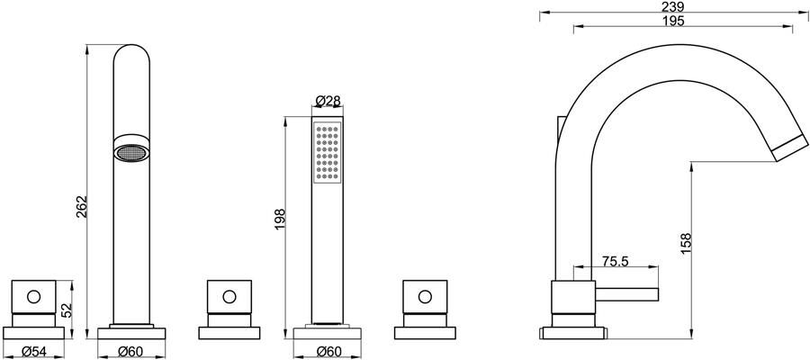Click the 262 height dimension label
tap(82, 207)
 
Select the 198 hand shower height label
tap(280, 219)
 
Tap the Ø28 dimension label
tap(328, 101)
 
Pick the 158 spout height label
tap(686, 243)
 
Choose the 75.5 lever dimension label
tap(616, 261)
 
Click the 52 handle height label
tap(67, 310)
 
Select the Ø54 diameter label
tap(33, 352)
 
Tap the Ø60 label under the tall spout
tap(130, 352)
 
